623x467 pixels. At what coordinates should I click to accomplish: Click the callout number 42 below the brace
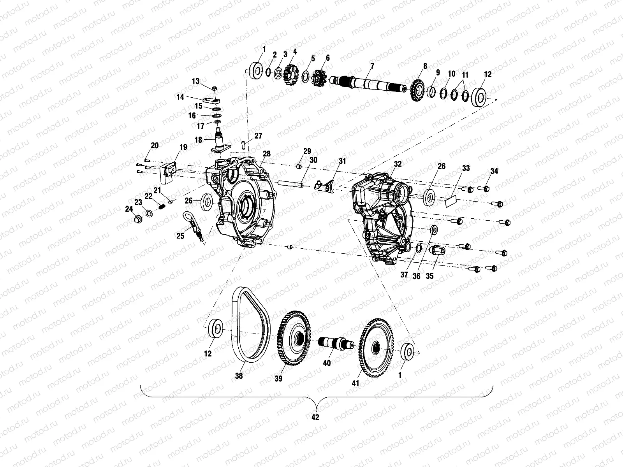[x=315, y=417]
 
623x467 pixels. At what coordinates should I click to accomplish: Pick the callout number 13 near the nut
[x=195, y=81]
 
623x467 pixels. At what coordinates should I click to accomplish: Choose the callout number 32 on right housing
[x=397, y=164]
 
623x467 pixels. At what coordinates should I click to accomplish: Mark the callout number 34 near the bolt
[x=494, y=171]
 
